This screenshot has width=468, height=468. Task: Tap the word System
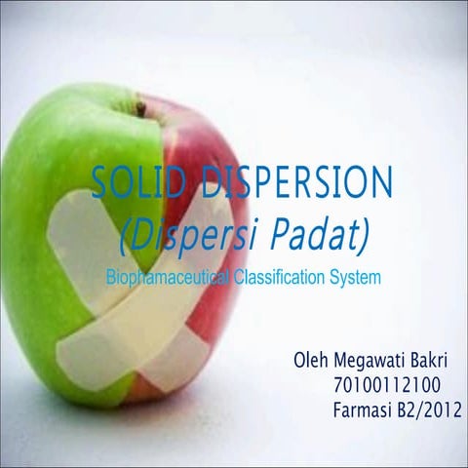click(354, 278)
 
